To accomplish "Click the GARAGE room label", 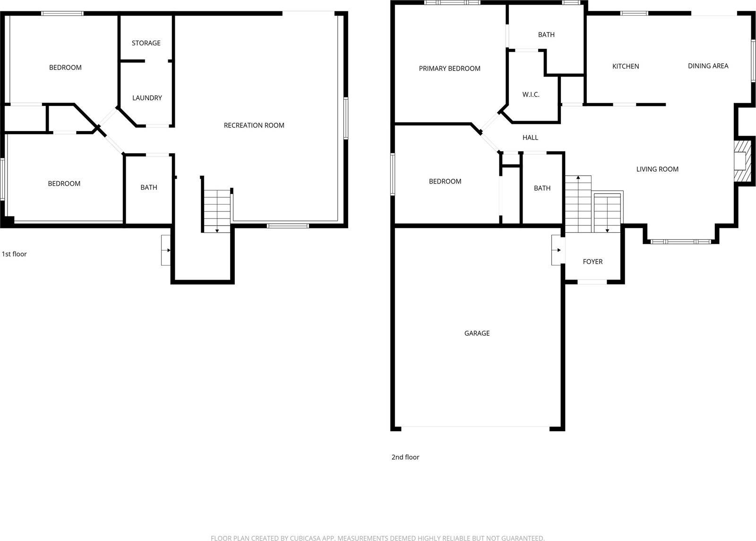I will pyautogui.click(x=477, y=333).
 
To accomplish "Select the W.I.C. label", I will pyautogui.click(x=531, y=95).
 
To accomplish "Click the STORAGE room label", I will pyautogui.click(x=146, y=43).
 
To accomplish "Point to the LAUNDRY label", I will pyautogui.click(x=147, y=98).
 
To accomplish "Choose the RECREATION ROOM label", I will pyautogui.click(x=254, y=125).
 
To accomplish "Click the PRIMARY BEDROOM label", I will pyautogui.click(x=449, y=69).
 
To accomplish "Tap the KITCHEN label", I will pyautogui.click(x=626, y=66).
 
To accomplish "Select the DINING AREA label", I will pyautogui.click(x=708, y=66).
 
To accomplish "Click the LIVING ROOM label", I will pyautogui.click(x=657, y=169).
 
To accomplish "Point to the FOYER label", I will pyautogui.click(x=593, y=262).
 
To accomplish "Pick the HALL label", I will pyautogui.click(x=530, y=138).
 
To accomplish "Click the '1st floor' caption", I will pyautogui.click(x=14, y=254).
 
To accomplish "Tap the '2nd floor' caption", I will pyautogui.click(x=405, y=457).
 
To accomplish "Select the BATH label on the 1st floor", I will pyautogui.click(x=149, y=187).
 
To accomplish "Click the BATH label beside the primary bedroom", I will pyautogui.click(x=546, y=35).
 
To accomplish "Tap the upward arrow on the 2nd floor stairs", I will pyautogui.click(x=578, y=179).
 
